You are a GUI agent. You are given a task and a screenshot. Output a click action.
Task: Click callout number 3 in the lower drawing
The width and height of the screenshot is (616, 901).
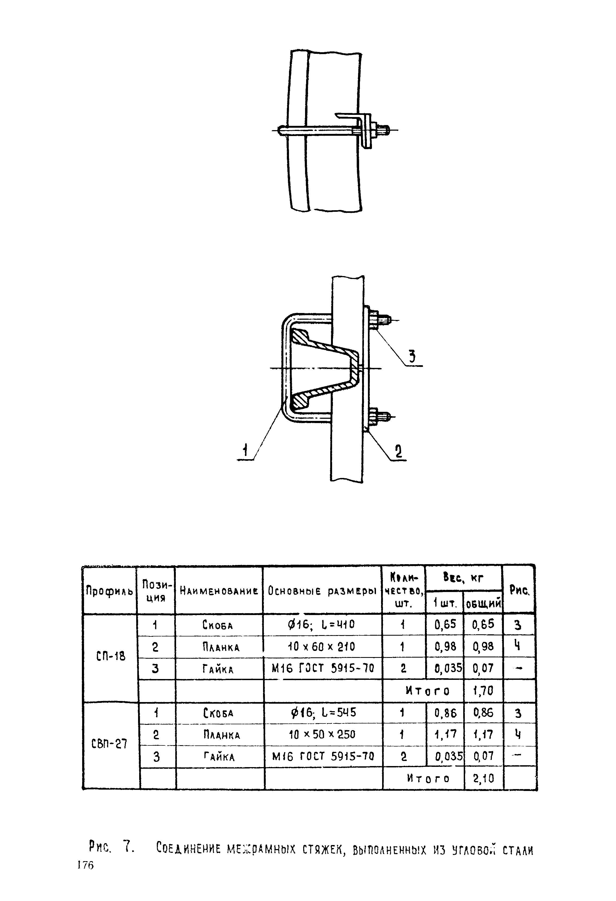click(x=412, y=356)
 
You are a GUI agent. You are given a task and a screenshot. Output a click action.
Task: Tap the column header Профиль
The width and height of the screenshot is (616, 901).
click(x=109, y=591)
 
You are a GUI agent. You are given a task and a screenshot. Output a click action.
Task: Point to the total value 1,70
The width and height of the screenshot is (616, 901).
click(x=483, y=691)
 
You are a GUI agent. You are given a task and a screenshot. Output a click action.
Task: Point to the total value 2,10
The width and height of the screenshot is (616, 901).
click(x=484, y=778)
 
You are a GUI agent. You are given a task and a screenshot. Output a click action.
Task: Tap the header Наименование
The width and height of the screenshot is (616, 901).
click(x=219, y=591)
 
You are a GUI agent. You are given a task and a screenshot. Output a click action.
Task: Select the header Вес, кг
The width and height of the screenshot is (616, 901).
click(x=463, y=578)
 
